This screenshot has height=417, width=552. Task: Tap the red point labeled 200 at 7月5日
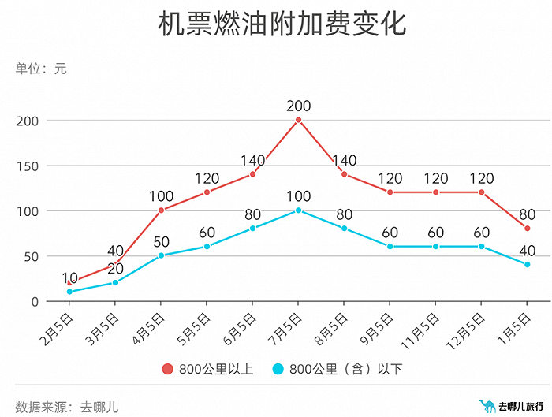click(x=298, y=120)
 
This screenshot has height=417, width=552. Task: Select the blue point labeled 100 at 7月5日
click(x=298, y=210)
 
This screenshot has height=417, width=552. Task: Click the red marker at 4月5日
click(x=161, y=210)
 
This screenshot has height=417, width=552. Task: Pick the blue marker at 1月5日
click(x=527, y=265)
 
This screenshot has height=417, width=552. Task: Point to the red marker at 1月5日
click(x=527, y=229)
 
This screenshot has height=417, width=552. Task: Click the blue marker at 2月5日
click(x=69, y=292)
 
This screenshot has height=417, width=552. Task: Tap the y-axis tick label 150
click(x=28, y=166)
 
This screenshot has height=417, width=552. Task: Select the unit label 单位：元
click(x=41, y=69)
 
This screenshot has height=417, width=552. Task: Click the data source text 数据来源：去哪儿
click(x=66, y=385)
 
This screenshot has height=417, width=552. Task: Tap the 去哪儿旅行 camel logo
click(x=486, y=385)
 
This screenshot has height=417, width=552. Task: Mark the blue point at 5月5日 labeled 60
click(x=207, y=247)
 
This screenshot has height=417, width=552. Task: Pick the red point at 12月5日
click(x=481, y=192)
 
